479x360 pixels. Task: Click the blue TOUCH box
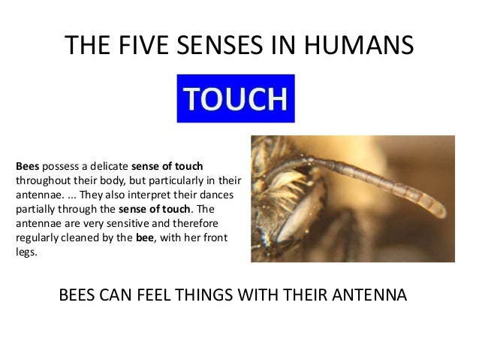point(236,98)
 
